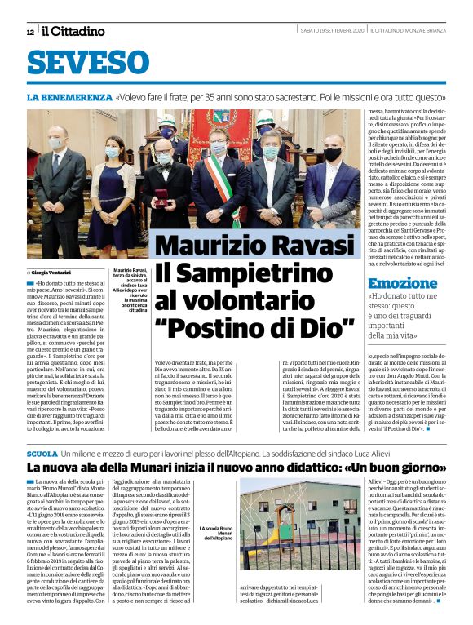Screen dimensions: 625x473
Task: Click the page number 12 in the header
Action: (30, 32)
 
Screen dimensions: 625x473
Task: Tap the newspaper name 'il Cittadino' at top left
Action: (73, 31)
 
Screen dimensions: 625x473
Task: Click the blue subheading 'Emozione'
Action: (400, 285)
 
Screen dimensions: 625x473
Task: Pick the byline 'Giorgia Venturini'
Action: (51, 272)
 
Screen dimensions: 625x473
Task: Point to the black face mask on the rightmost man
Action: (333, 154)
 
